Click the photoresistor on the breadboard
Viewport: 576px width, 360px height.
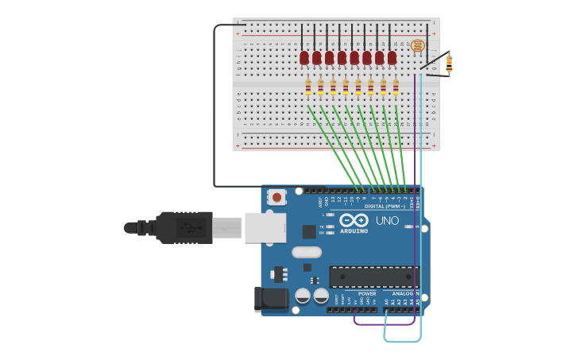click(417, 46)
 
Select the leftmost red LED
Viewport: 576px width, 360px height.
click(304, 57)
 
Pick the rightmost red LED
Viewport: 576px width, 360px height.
click(392, 57)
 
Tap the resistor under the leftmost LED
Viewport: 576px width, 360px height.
click(308, 87)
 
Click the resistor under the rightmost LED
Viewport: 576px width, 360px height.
click(396, 87)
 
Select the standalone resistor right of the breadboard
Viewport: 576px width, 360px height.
click(449, 63)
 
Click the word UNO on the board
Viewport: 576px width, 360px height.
click(387, 220)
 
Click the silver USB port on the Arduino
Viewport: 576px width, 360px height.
click(265, 227)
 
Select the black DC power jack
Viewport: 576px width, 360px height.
click(270, 299)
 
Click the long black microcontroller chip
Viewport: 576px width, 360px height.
click(373, 277)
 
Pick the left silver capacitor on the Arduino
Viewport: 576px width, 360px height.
click(303, 296)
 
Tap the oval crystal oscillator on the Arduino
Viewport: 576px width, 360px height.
click(307, 253)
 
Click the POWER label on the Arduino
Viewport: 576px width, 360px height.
click(367, 294)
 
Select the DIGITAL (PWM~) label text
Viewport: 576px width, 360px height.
click(385, 207)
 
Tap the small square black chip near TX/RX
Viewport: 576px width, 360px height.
click(309, 231)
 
